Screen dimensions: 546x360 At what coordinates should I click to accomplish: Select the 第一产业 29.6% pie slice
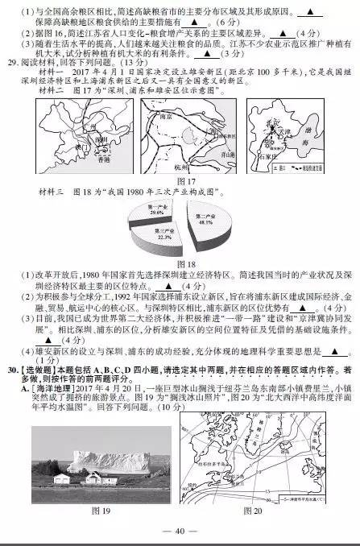click(x=158, y=213)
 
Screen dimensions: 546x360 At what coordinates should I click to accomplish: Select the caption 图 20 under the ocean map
click(x=252, y=511)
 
